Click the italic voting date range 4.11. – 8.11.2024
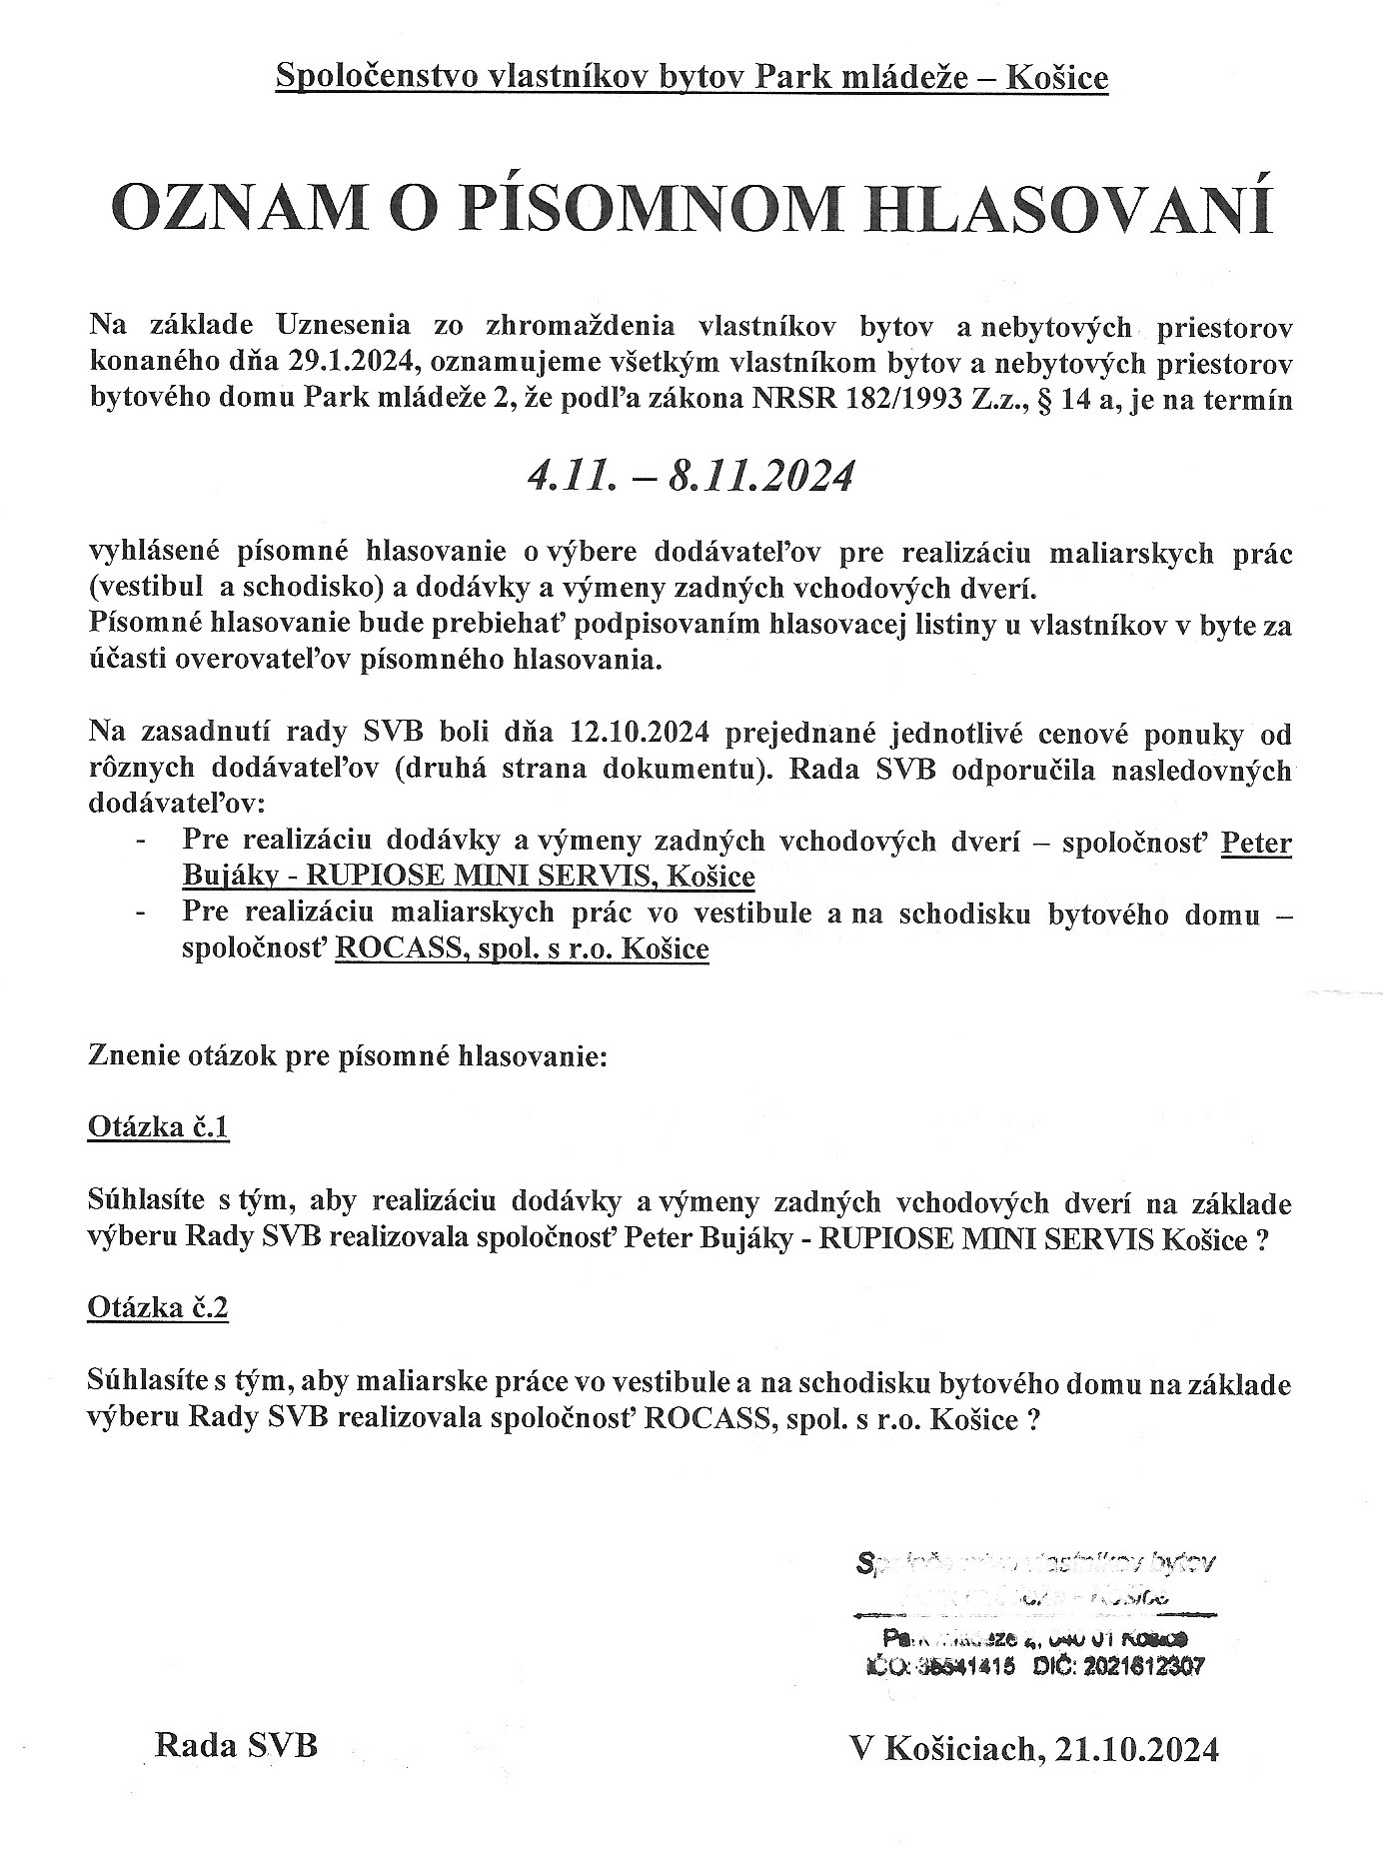point(691,476)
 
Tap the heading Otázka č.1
point(159,1128)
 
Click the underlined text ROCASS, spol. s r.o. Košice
point(522,947)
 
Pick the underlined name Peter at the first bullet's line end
point(1257,843)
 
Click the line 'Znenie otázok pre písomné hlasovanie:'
point(348,1055)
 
